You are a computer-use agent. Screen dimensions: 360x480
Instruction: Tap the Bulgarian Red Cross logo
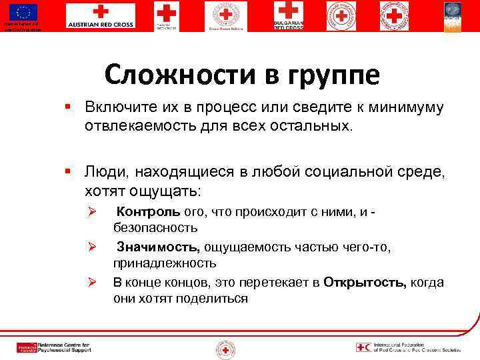[287, 15]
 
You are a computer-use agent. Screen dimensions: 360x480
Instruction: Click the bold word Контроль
[149, 212]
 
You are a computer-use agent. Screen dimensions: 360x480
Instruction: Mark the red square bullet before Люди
[69, 172]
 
